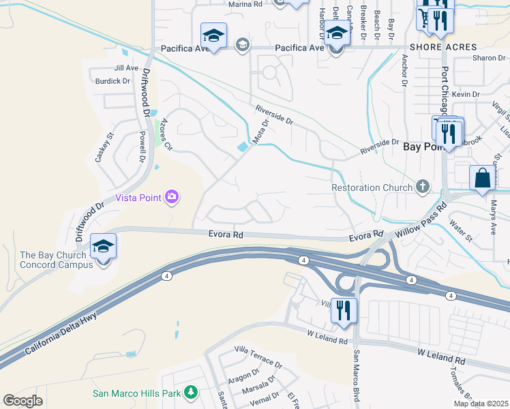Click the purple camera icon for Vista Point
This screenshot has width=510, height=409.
(171, 198)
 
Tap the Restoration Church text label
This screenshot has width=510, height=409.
(372, 187)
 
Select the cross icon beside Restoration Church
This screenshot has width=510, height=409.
(423, 187)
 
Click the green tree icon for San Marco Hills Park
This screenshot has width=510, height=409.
(192, 393)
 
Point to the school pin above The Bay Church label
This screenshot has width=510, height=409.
(103, 247)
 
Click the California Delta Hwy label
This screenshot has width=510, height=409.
(62, 333)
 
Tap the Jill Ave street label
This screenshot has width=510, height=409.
(127, 68)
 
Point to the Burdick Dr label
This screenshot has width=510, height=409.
(112, 81)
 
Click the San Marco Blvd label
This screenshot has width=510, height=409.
(356, 376)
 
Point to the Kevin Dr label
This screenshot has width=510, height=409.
(466, 94)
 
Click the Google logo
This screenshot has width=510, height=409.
(22, 401)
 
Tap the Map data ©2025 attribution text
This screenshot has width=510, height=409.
(481, 404)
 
